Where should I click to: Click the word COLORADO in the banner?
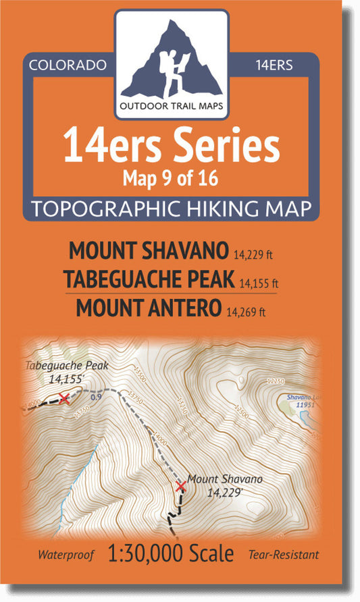pos(68,65)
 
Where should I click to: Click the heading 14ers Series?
pos(170,146)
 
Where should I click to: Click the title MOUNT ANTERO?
pos(148,307)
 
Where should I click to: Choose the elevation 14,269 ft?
pos(247,311)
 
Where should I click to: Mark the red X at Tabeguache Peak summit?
pos(63,398)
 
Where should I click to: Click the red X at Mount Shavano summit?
pos(180,486)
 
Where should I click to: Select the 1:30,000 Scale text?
pos(171,554)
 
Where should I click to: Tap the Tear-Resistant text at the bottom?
pos(283,556)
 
